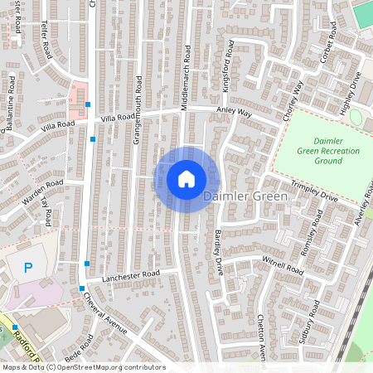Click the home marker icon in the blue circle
186,179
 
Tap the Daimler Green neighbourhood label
245,196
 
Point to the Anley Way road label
234,111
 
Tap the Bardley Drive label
220,253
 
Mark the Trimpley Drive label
314,192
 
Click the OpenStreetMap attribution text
83,367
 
